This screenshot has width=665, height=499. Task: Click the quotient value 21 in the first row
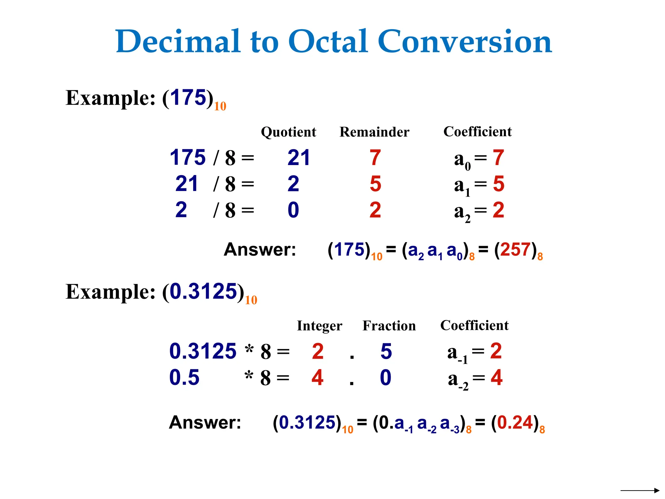(x=298, y=158)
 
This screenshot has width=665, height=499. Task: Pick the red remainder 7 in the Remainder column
(x=375, y=158)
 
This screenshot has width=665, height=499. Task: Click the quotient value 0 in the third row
(x=293, y=210)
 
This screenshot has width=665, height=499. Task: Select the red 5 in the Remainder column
(x=375, y=184)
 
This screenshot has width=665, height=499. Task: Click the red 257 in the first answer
(x=515, y=250)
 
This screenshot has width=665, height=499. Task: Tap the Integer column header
(x=320, y=326)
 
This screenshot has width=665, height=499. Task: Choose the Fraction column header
(x=389, y=326)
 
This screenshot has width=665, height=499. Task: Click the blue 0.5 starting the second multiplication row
(x=184, y=377)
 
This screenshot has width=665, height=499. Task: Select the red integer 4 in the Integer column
(x=317, y=377)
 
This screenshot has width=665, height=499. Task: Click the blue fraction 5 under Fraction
(x=386, y=352)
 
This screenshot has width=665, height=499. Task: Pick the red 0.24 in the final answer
(x=515, y=423)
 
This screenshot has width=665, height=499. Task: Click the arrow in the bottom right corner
(x=640, y=490)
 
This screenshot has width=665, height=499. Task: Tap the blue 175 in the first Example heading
(x=188, y=97)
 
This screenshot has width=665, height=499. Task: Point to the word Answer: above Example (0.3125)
(x=260, y=250)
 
